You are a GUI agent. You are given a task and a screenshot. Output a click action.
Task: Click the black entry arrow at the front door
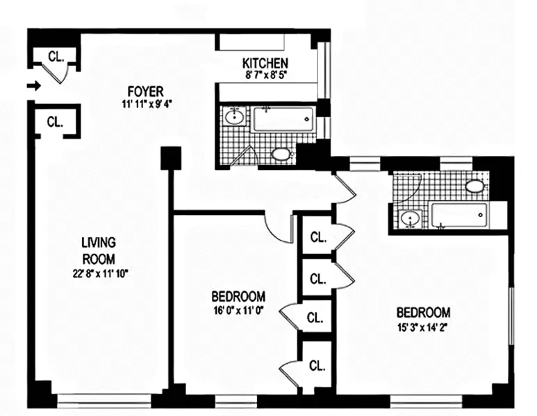click(x=33, y=87)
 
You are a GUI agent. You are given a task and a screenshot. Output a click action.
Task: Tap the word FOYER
click(x=145, y=92)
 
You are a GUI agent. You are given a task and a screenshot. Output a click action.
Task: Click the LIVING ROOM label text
click(x=98, y=250)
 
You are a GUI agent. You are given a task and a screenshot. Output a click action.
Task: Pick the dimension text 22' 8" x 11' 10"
click(x=98, y=273)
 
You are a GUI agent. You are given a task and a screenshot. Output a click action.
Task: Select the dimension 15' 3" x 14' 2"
click(x=423, y=327)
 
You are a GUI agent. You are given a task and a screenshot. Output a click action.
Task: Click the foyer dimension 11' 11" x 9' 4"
click(x=145, y=105)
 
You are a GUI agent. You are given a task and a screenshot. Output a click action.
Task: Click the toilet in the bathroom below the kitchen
click(x=281, y=154)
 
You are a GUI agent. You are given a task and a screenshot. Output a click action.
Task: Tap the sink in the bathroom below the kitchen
click(x=236, y=116)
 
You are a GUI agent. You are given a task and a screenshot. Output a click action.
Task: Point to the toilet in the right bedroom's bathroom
click(x=475, y=185)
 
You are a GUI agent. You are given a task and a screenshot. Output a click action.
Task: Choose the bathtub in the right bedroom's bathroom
click(x=458, y=215)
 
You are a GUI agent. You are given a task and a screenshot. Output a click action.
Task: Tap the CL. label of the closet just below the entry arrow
click(x=55, y=121)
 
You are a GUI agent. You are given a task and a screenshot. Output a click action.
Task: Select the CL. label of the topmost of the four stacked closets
click(x=317, y=237)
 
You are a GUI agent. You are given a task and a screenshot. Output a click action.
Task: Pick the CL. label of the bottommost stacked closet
click(x=317, y=365)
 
